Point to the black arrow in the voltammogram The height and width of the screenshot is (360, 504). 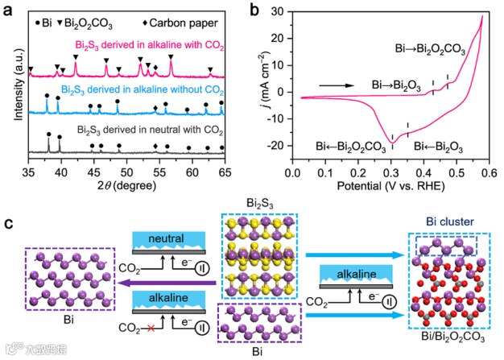(336, 84)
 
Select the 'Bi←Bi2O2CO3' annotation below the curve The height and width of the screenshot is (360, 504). (349, 146)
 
